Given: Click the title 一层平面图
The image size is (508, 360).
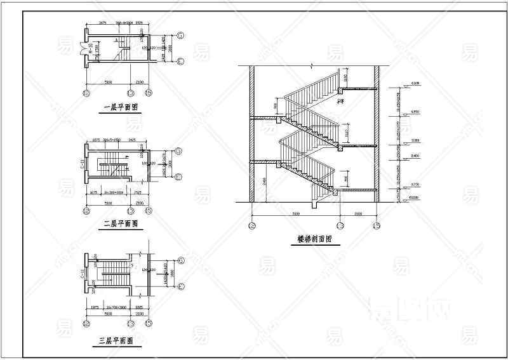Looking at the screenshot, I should coord(120,107).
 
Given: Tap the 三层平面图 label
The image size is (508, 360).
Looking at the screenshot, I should coord(116,342).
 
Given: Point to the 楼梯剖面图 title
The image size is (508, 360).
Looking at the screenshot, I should coord(314,239).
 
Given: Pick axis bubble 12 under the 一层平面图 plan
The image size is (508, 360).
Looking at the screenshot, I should coord(88,93).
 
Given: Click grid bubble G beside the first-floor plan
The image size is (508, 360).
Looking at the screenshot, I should coord(180,35).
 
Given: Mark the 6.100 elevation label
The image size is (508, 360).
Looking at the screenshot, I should coord(416,83).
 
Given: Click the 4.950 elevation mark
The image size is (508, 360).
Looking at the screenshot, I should coord(416,112).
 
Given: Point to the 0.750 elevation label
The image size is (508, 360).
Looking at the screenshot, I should coord(416,185).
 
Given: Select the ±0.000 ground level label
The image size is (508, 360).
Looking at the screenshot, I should coord(416,199).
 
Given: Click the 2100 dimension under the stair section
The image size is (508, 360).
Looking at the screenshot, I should coord(358,215).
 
